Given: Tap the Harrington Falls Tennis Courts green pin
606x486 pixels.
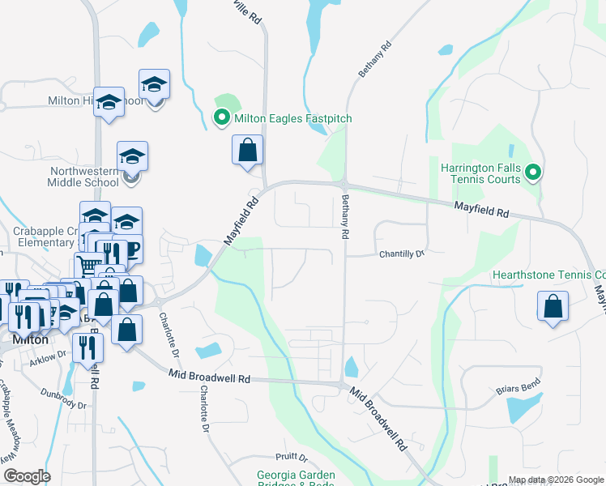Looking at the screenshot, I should [x=532, y=173].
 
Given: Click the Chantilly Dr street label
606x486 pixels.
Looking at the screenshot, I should [x=402, y=254].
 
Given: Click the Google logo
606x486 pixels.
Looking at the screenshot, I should [x=27, y=476].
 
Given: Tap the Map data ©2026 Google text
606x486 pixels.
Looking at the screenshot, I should [x=555, y=480].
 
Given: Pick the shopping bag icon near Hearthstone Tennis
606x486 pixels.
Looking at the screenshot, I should [x=552, y=306].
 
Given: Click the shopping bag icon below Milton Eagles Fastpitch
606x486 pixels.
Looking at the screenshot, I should [x=247, y=150].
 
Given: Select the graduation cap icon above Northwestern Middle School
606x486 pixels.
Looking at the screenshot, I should [x=132, y=156].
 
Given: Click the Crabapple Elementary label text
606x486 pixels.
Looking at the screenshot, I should [x=44, y=237].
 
